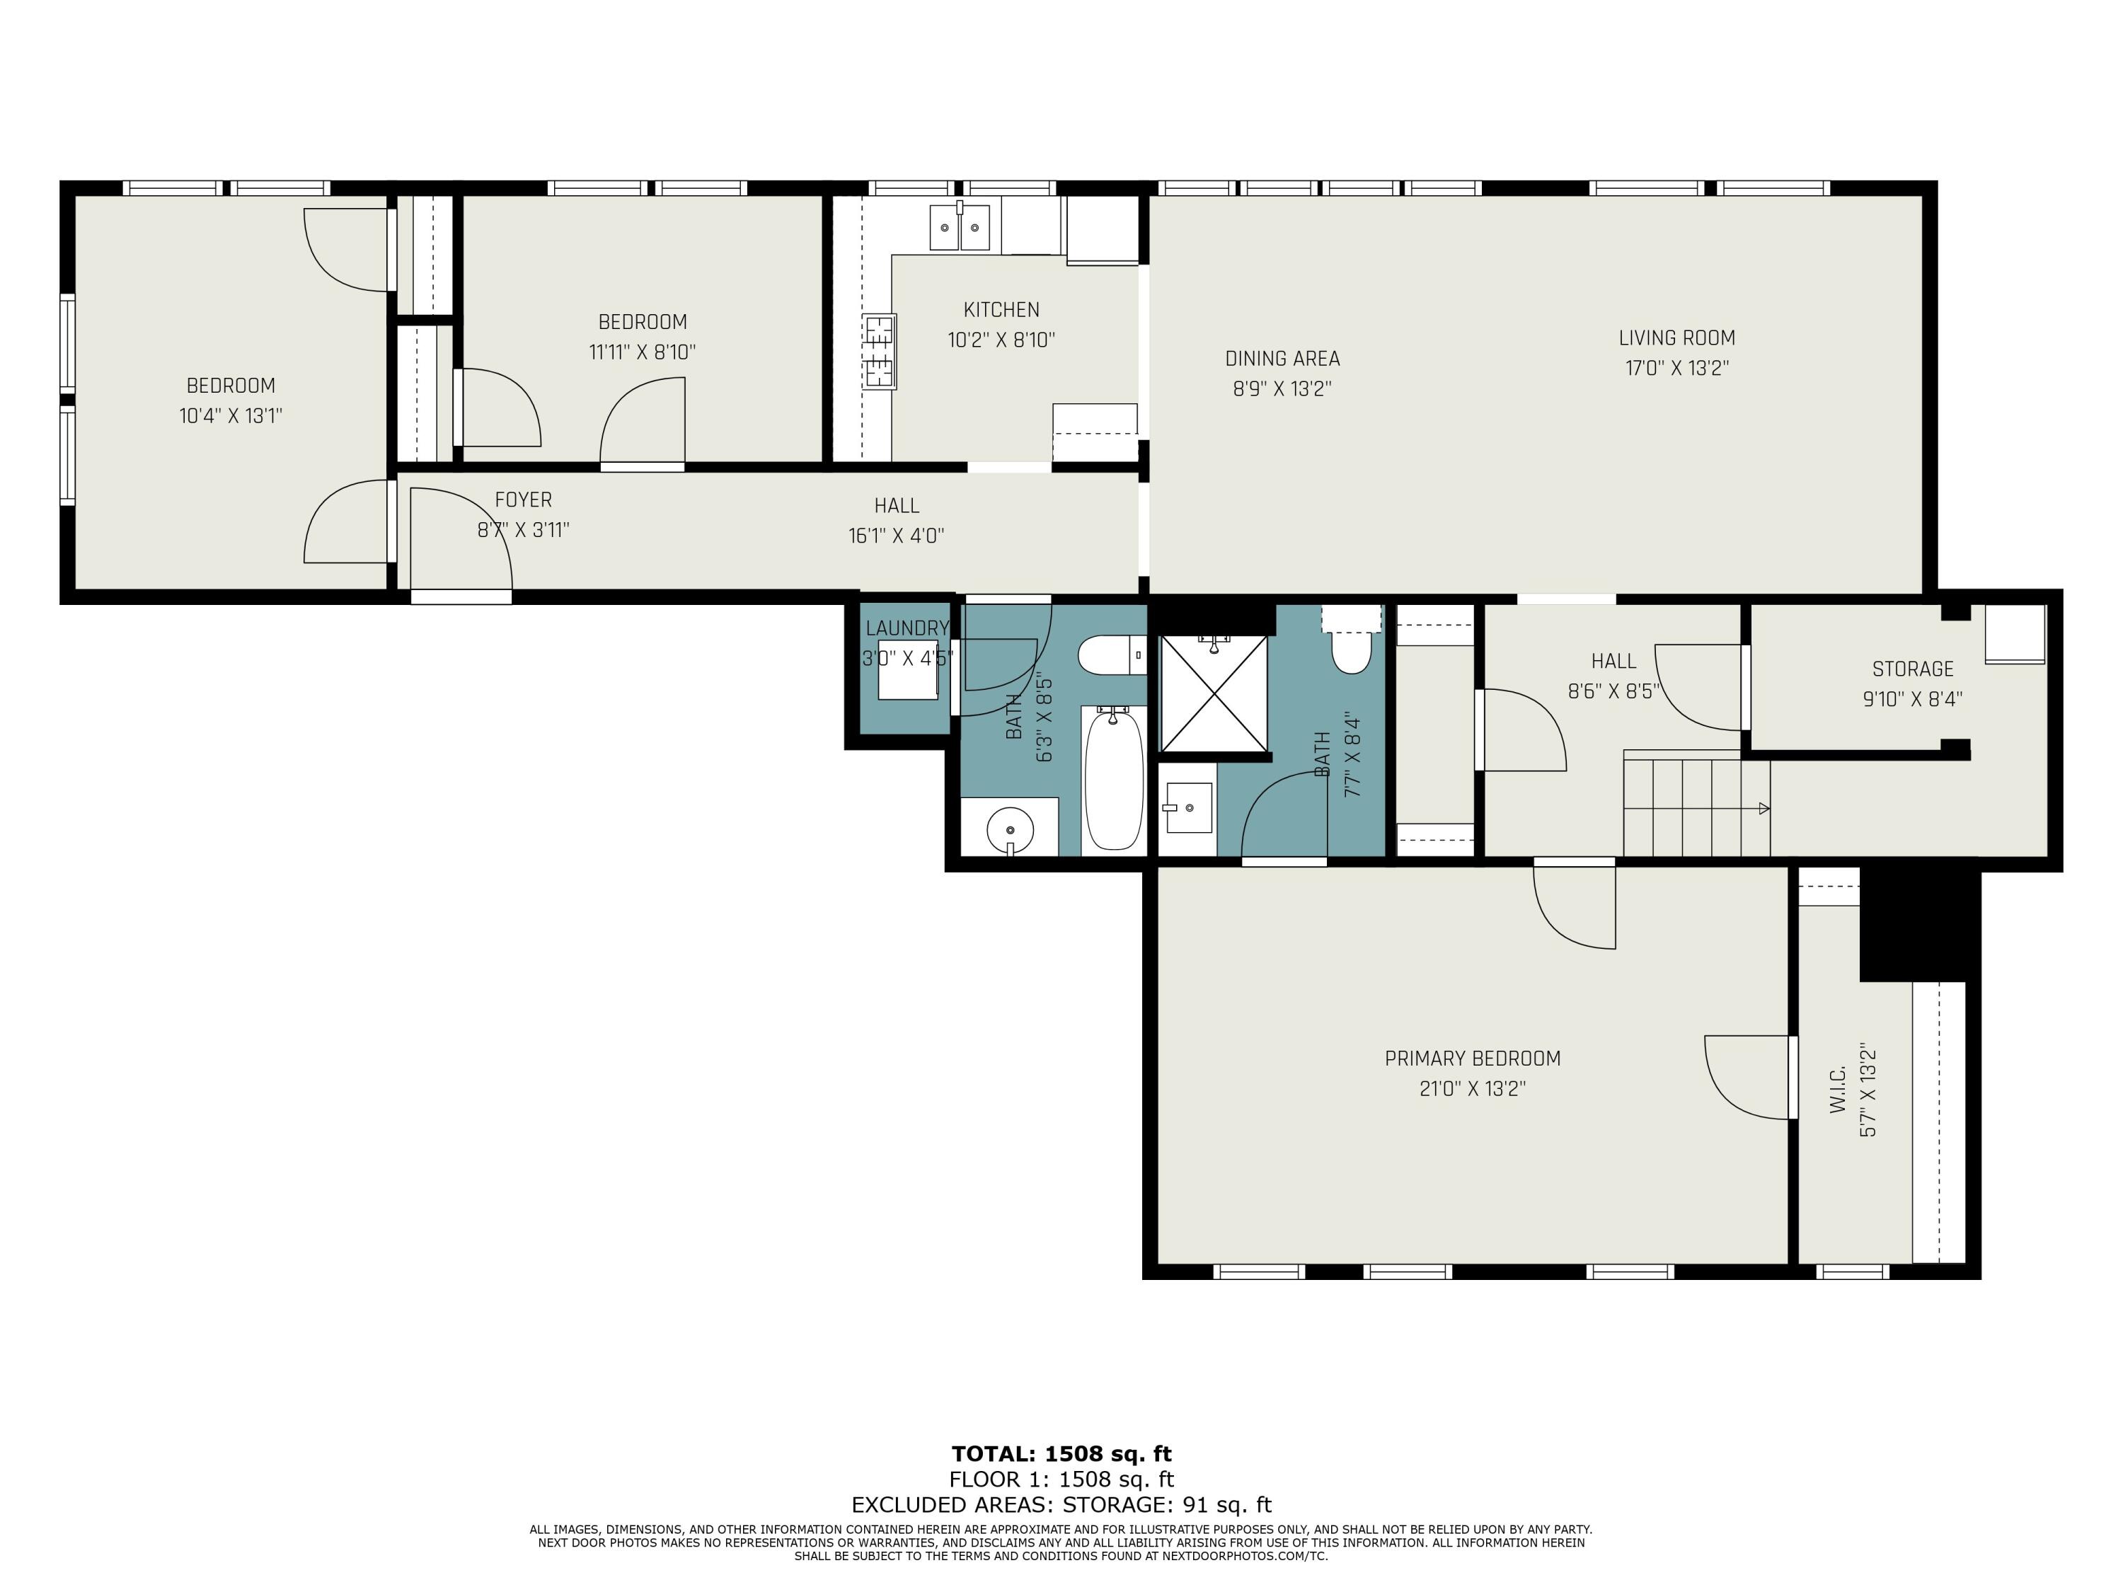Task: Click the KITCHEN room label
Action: click(x=1001, y=310)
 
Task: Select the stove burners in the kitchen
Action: click(x=879, y=351)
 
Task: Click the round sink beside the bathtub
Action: click(x=1010, y=826)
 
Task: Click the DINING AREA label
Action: click(x=1282, y=359)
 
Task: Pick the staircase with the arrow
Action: click(x=1695, y=804)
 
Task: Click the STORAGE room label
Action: click(x=1912, y=669)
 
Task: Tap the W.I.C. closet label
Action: click(x=1838, y=1090)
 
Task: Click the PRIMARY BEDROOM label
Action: click(x=1472, y=1059)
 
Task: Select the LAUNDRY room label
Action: click(x=906, y=628)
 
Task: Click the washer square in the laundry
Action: click(x=907, y=670)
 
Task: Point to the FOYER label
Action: click(x=523, y=500)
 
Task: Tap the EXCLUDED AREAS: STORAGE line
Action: click(x=1061, y=1505)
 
